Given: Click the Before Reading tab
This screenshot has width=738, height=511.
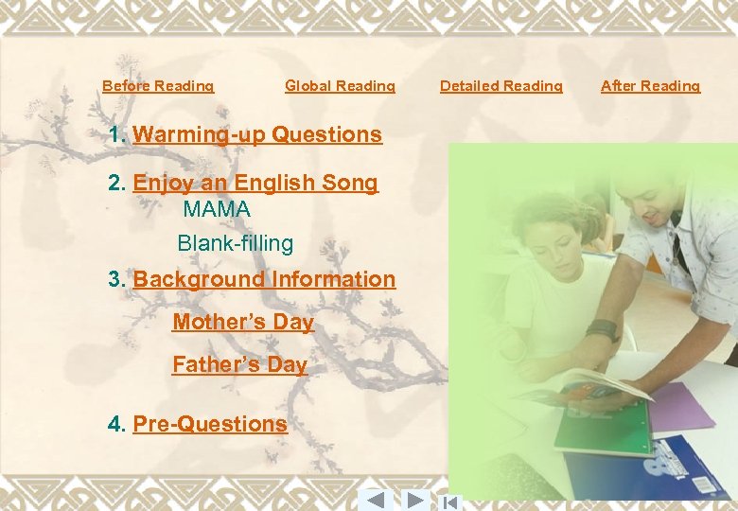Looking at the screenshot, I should pyautogui.click(x=158, y=86).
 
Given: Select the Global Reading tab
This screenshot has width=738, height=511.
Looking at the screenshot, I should pyautogui.click(x=340, y=86).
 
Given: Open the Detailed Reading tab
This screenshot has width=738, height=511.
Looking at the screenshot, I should pyautogui.click(x=501, y=86).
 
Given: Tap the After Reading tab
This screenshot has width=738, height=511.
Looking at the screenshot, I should pyautogui.click(x=651, y=86).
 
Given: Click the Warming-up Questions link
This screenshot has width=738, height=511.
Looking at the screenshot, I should pyautogui.click(x=256, y=134).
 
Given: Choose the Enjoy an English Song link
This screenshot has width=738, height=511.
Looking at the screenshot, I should pyautogui.click(x=255, y=183).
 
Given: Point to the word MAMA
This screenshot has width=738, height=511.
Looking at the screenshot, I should pyautogui.click(x=217, y=208).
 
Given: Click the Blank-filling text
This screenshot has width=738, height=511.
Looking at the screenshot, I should pyautogui.click(x=236, y=243).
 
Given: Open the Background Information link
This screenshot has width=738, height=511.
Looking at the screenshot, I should pyautogui.click(x=264, y=279).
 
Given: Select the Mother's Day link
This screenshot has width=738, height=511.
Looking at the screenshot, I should pyautogui.click(x=243, y=322).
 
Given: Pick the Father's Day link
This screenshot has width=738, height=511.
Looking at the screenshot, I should pyautogui.click(x=239, y=364).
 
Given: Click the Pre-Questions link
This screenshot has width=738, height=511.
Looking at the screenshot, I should pyautogui.click(x=210, y=424).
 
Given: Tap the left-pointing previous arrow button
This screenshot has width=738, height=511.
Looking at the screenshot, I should pyautogui.click(x=375, y=500).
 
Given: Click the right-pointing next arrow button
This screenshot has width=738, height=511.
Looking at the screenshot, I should pyautogui.click(x=414, y=500).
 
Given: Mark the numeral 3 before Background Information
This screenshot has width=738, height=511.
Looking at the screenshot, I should pyautogui.click(x=116, y=279).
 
